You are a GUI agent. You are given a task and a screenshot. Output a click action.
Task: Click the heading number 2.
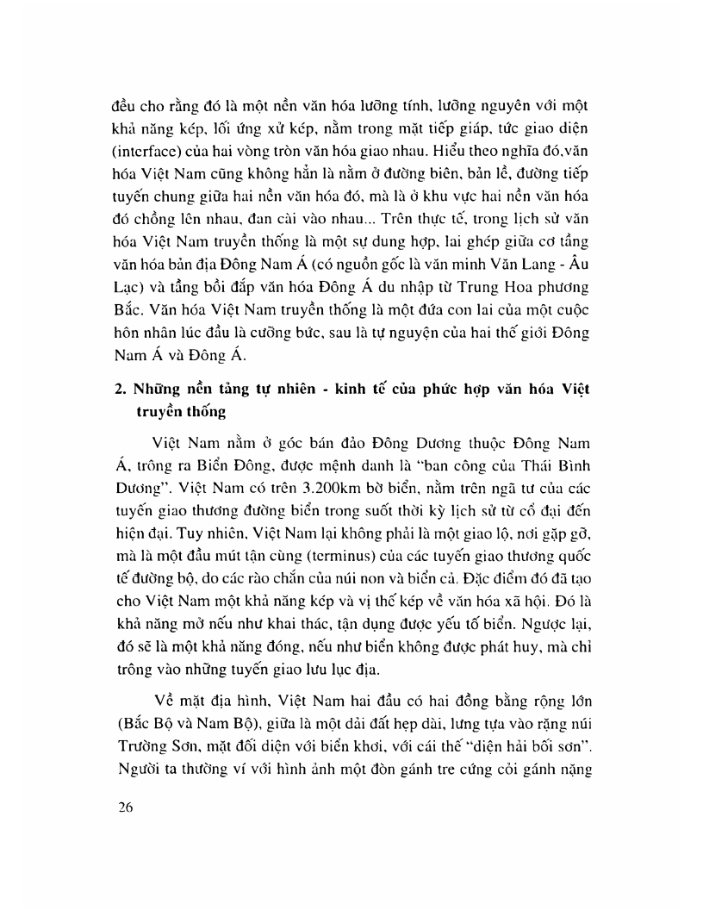pos(120,390)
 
